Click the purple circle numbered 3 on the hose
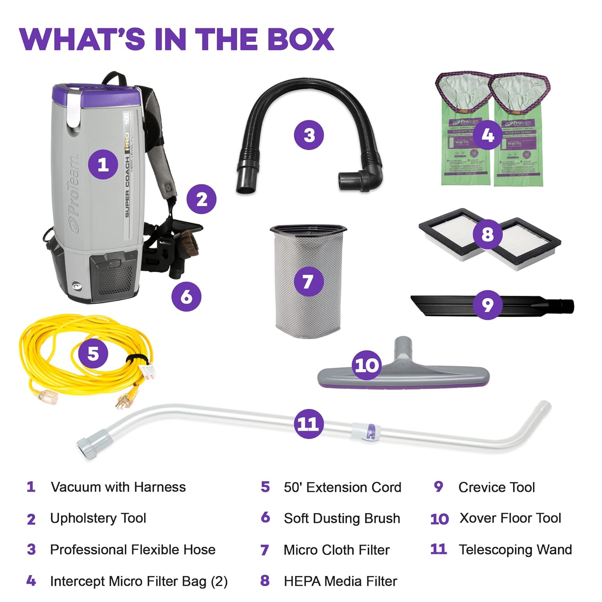[309, 135]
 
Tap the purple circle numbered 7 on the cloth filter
[308, 281]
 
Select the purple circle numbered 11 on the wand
[308, 424]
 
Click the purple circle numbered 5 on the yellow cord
[93, 354]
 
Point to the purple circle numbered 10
[367, 365]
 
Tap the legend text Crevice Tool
[496, 487]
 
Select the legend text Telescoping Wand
[515, 549]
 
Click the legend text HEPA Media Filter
[340, 581]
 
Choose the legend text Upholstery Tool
[98, 518]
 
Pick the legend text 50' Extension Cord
[342, 487]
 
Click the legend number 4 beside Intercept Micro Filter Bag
[31, 581]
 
